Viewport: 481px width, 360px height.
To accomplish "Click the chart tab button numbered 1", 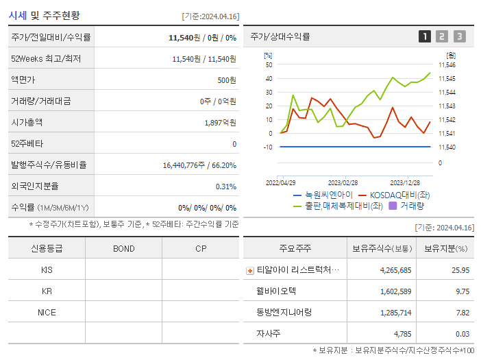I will click(x=425, y=36).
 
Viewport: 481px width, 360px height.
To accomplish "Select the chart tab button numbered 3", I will click(x=459, y=36).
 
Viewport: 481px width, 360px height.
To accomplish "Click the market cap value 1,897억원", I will click(x=220, y=123).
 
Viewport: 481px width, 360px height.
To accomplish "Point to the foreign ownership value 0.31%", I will click(x=225, y=187).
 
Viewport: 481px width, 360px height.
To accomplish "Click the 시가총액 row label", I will click(x=27, y=123).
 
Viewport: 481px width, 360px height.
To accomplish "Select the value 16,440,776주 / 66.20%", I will click(x=199, y=165).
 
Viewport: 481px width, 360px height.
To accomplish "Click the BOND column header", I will click(x=123, y=248).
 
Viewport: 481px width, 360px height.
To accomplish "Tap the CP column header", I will click(x=201, y=248).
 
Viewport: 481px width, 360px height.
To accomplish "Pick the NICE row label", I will click(x=47, y=312).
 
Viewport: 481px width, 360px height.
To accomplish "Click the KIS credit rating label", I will click(x=47, y=269).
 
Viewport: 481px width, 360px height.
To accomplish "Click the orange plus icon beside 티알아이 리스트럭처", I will click(x=249, y=270).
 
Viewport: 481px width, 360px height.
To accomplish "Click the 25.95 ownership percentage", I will click(x=460, y=270).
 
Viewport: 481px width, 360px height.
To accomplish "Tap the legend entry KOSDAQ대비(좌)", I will click(x=393, y=195).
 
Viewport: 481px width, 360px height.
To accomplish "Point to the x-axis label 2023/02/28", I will click(x=343, y=182).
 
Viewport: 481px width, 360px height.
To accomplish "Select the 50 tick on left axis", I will click(x=269, y=65).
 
